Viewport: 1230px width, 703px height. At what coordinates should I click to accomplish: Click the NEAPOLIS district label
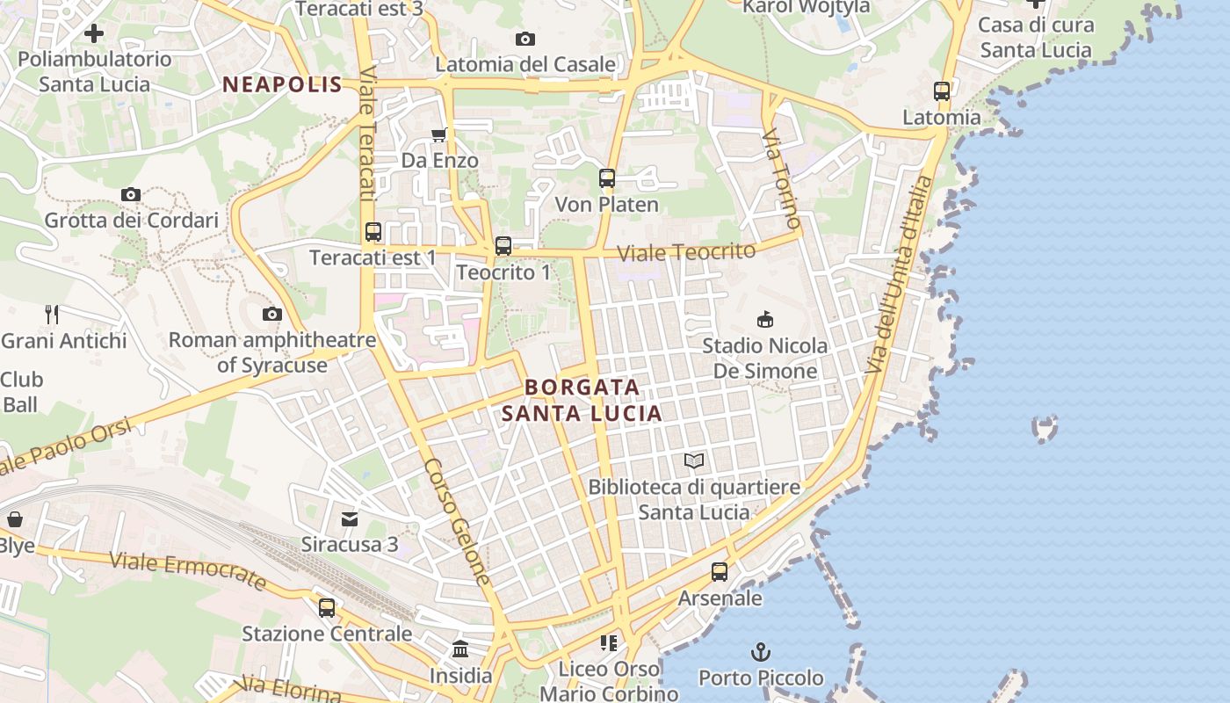(281, 84)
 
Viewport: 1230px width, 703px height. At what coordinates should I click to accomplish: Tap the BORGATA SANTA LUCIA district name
(582, 400)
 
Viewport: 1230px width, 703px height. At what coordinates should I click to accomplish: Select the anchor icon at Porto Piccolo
(761, 652)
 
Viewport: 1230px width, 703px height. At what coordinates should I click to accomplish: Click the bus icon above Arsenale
(720, 572)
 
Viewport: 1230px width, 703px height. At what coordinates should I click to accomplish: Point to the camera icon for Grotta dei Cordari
(131, 194)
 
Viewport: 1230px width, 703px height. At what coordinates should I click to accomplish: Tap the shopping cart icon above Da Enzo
(439, 134)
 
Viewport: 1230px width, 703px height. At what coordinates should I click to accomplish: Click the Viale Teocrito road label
(685, 252)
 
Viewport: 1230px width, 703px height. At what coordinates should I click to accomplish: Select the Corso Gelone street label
(457, 521)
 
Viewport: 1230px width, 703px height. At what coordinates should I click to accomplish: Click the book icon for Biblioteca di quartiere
(694, 460)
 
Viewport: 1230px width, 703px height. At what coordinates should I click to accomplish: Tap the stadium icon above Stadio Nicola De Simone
(765, 319)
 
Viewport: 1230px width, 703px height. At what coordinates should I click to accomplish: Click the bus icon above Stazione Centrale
(327, 607)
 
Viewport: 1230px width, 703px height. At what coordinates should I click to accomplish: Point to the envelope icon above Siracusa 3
(350, 518)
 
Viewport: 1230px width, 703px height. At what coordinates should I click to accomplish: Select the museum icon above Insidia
(460, 649)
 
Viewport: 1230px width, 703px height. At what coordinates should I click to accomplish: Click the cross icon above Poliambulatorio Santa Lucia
(94, 33)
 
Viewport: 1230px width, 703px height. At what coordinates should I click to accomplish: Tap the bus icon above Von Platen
(606, 178)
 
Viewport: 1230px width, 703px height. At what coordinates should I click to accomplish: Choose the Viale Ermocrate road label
(188, 570)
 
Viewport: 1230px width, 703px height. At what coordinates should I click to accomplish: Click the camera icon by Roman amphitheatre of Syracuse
(272, 314)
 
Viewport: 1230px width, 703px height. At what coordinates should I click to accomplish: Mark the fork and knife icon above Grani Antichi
(52, 314)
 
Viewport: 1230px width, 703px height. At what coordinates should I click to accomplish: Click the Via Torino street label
(781, 178)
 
